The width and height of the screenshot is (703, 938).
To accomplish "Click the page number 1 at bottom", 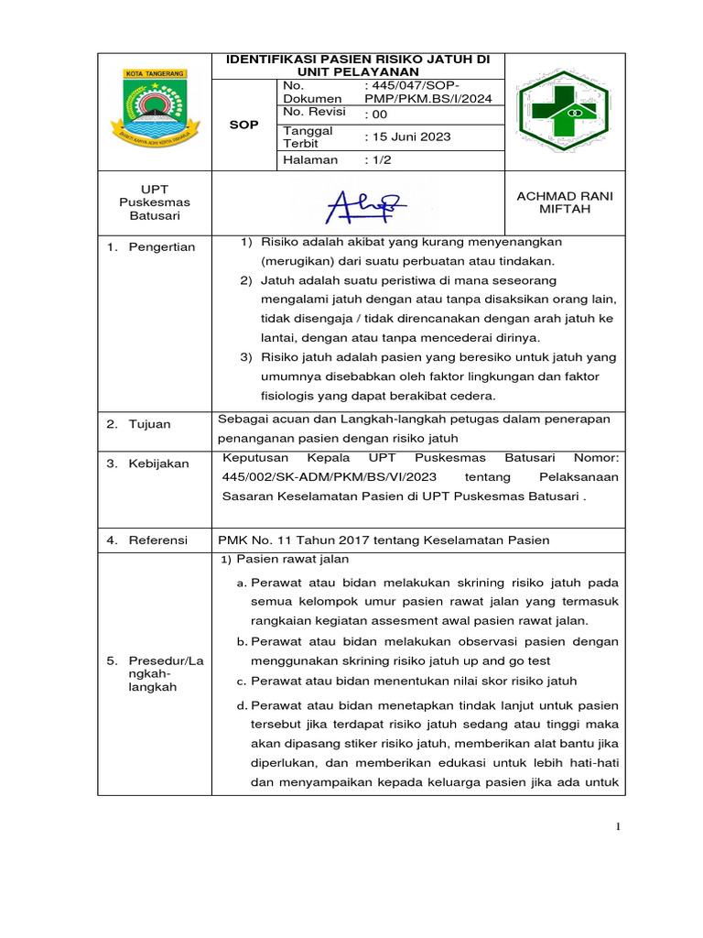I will click(x=618, y=828).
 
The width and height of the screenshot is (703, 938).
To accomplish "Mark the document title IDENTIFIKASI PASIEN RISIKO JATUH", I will click(x=358, y=65).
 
